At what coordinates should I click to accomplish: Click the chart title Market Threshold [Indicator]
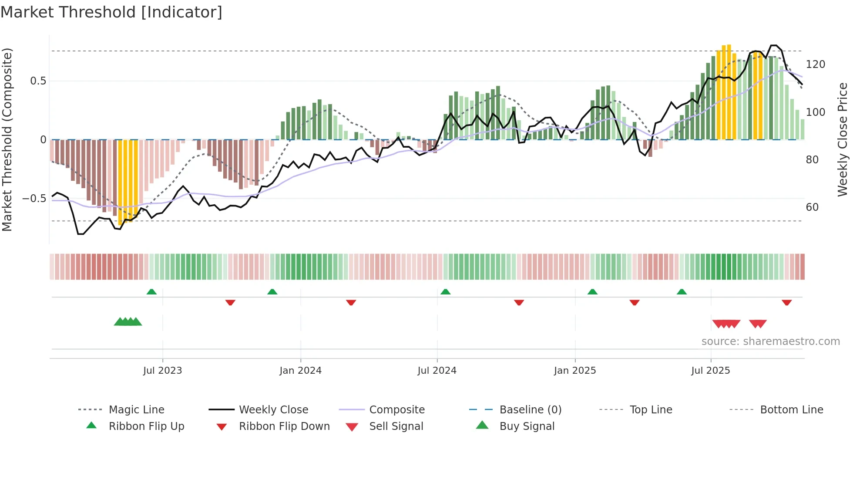pos(111,12)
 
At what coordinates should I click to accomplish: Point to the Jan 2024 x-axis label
pos(300,371)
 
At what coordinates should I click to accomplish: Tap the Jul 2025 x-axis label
pos(710,371)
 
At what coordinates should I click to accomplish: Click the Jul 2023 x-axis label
pos(162,371)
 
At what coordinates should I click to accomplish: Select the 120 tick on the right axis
pos(815,64)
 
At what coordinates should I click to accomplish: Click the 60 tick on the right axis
pos(812,207)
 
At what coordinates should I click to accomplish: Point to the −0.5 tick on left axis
pos(34,199)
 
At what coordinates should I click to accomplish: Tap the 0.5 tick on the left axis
pos(38,81)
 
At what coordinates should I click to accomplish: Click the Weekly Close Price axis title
pos(843,139)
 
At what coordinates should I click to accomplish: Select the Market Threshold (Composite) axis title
pos(7,139)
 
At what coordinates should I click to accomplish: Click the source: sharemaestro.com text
pos(770,341)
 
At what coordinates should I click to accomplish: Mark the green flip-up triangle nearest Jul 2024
pos(445,292)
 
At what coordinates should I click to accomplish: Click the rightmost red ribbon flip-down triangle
pos(786,302)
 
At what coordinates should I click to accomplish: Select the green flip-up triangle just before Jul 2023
pos(151,292)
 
